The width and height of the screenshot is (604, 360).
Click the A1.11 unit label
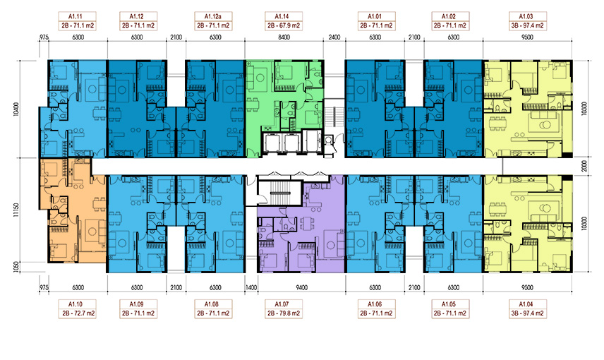(77, 21)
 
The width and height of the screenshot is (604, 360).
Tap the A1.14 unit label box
(284, 21)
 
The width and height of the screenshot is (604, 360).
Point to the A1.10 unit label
(77, 308)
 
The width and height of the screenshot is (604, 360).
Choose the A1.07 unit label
(284, 308)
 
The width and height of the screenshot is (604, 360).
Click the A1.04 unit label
(527, 308)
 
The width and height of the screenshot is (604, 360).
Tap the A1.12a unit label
(213, 21)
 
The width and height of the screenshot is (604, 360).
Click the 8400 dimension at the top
(284, 37)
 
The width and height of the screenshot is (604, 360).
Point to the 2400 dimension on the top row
(334, 37)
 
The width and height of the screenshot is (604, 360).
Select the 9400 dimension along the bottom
(301, 287)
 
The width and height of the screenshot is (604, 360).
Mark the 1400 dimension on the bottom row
(250, 287)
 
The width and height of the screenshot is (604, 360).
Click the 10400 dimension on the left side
(16, 109)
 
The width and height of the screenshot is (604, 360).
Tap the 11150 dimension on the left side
(16, 210)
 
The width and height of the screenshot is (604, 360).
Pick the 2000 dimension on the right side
(584, 166)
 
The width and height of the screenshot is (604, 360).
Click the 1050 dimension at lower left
(16, 267)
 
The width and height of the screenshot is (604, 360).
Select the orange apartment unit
(73, 210)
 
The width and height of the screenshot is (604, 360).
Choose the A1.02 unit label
(450, 21)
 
